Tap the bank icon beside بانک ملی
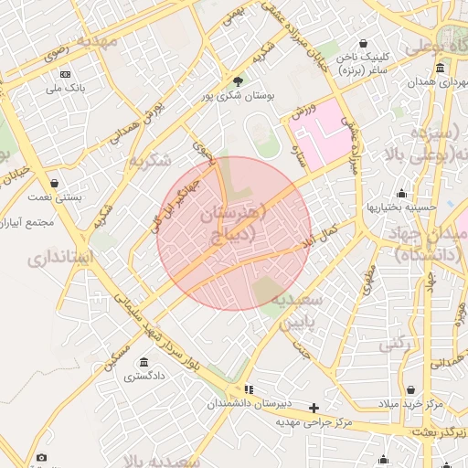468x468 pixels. click(x=64, y=74)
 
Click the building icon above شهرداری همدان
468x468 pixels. click(x=440, y=69)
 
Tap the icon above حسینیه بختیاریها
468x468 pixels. click(x=401, y=193)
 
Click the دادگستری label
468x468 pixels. click(x=146, y=376)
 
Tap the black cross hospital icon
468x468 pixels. click(x=314, y=408)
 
